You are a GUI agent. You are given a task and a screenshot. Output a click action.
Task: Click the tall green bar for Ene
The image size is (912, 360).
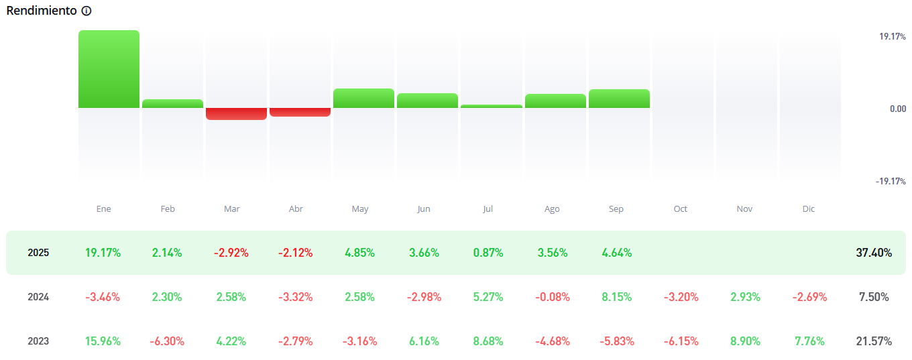click(109, 69)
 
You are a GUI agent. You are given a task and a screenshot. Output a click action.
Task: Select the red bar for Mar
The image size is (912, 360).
click(236, 114)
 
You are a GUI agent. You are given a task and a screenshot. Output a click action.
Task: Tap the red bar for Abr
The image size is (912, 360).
click(300, 112)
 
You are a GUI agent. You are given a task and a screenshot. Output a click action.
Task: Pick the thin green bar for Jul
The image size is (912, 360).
click(492, 106)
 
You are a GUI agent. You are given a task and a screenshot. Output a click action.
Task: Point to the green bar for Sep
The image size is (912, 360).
click(619, 99)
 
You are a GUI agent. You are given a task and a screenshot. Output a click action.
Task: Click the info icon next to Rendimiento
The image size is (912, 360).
click(86, 11)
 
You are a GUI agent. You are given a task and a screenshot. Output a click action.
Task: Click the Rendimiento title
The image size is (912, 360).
click(42, 11)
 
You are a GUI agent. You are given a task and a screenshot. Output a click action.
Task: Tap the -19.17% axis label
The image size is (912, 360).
click(891, 181)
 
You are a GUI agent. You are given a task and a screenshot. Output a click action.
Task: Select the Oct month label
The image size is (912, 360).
click(680, 209)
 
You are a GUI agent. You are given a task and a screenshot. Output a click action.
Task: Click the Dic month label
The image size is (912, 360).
click(808, 209)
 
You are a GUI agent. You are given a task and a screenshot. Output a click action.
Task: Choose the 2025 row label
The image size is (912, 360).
click(38, 253)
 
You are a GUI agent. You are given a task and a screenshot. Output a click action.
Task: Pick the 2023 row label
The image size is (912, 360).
click(38, 341)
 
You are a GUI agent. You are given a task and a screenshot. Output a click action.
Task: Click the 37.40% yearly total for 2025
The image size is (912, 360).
click(874, 253)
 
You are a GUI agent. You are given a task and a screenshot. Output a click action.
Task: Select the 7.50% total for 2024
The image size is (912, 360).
click(874, 297)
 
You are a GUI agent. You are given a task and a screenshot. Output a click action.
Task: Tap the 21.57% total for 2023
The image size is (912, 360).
click(874, 341)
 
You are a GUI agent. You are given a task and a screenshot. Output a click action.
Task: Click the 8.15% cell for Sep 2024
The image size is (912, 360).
click(616, 297)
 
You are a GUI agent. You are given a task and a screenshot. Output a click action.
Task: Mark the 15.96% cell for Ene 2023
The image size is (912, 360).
click(103, 341)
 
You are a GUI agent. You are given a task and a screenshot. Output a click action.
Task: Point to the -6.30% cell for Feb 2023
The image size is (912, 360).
click(167, 341)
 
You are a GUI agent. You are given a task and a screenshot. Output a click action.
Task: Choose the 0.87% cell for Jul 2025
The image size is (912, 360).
click(488, 253)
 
